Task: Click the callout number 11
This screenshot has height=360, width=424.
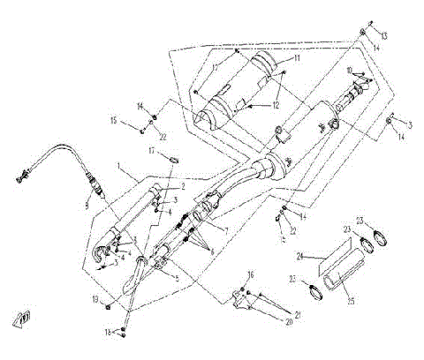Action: [298, 58]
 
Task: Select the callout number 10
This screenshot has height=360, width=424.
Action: [350, 70]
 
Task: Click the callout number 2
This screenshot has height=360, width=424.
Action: [183, 186]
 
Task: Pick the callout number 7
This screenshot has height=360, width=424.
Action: [227, 231]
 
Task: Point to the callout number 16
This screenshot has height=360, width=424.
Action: [251, 275]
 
